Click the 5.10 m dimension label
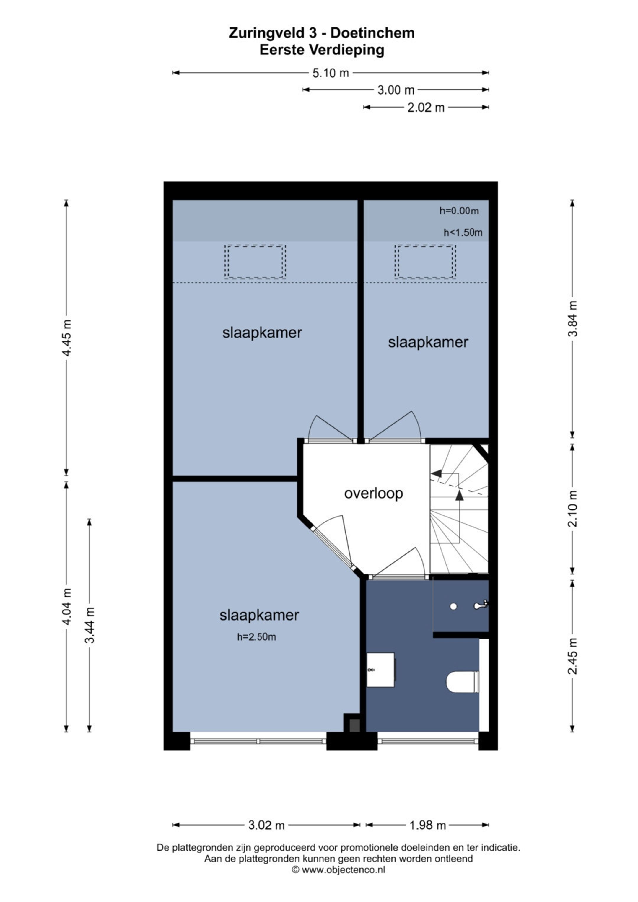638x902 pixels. click(x=331, y=73)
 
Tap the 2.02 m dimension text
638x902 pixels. click(x=426, y=107)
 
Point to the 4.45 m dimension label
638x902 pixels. click(x=67, y=338)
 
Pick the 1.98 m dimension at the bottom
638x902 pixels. click(x=427, y=826)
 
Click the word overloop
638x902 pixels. click(x=374, y=494)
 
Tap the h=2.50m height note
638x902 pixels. click(x=257, y=637)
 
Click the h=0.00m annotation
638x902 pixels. click(x=459, y=211)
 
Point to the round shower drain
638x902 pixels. click(x=453, y=607)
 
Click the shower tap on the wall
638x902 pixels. click(x=481, y=605)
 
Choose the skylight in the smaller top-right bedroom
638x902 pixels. click(x=425, y=262)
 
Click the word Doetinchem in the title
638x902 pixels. click(x=372, y=33)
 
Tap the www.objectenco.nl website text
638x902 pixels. click(x=343, y=870)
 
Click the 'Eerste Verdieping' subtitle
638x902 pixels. click(x=322, y=50)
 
